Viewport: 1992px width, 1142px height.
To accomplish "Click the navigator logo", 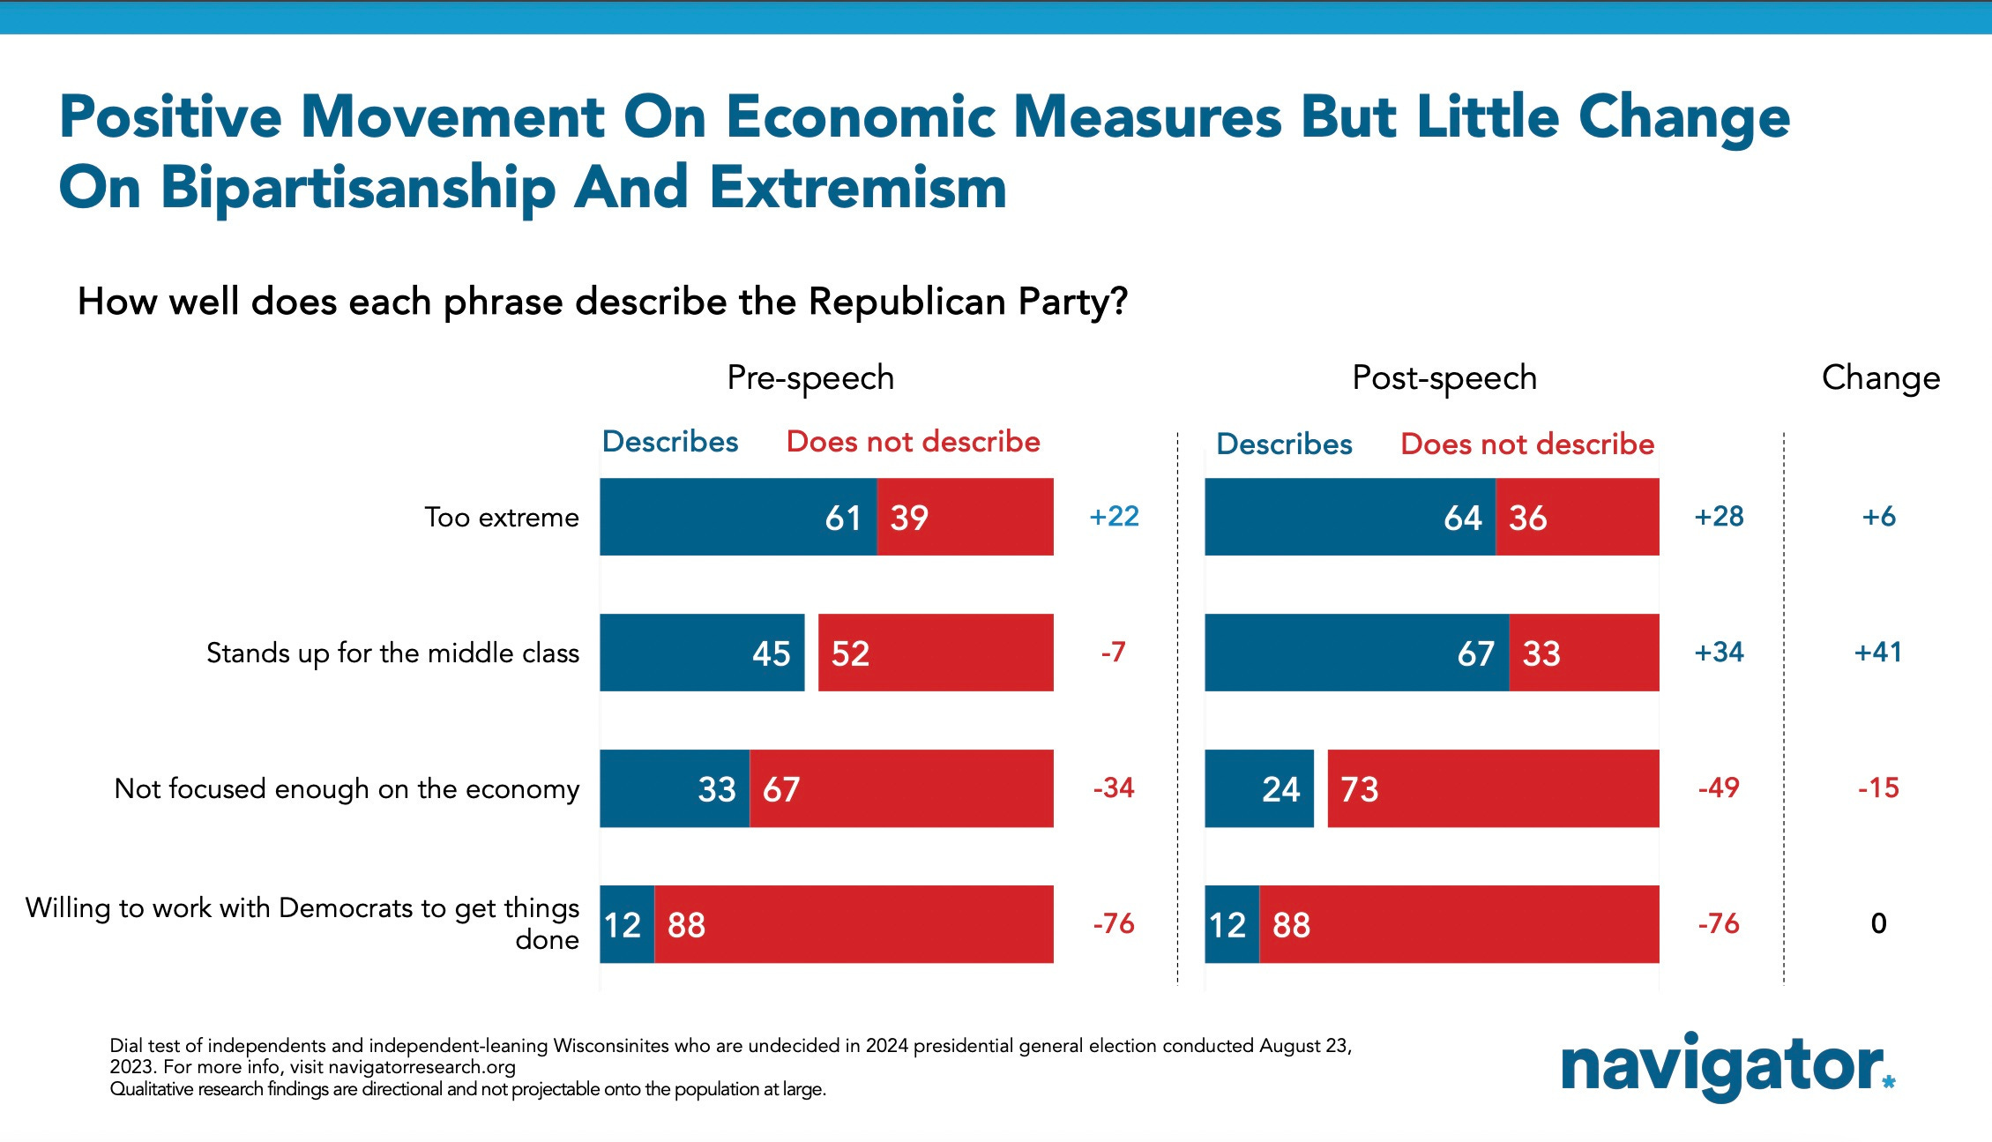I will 1727,1066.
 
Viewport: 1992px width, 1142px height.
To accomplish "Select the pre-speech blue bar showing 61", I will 738,517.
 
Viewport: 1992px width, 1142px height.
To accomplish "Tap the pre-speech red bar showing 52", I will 936,653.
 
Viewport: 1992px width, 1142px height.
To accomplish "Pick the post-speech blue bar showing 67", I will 1356,653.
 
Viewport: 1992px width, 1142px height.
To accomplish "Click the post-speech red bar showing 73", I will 1493,788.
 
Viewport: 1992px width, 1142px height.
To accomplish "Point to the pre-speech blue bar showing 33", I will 675,788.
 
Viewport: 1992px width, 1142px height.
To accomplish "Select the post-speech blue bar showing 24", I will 1259,788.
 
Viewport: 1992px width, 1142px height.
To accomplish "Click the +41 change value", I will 1878,653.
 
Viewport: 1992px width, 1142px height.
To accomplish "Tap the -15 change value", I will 1878,788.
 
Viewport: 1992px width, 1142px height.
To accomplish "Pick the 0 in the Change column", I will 1879,923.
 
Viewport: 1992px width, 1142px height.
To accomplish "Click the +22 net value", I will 1114,517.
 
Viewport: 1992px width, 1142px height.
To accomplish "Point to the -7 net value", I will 1113,653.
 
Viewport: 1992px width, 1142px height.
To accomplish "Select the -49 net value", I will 1719,788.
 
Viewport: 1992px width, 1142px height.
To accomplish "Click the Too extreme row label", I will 502,518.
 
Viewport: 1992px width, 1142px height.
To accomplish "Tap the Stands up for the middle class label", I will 392,653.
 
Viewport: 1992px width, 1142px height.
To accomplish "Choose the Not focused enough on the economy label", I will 347,789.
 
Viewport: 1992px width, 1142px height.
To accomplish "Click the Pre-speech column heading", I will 810,378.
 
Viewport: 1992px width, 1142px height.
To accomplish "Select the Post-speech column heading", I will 1444,378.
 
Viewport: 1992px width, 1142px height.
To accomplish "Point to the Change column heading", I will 1881,378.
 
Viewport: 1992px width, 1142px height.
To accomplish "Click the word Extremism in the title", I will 857,188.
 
